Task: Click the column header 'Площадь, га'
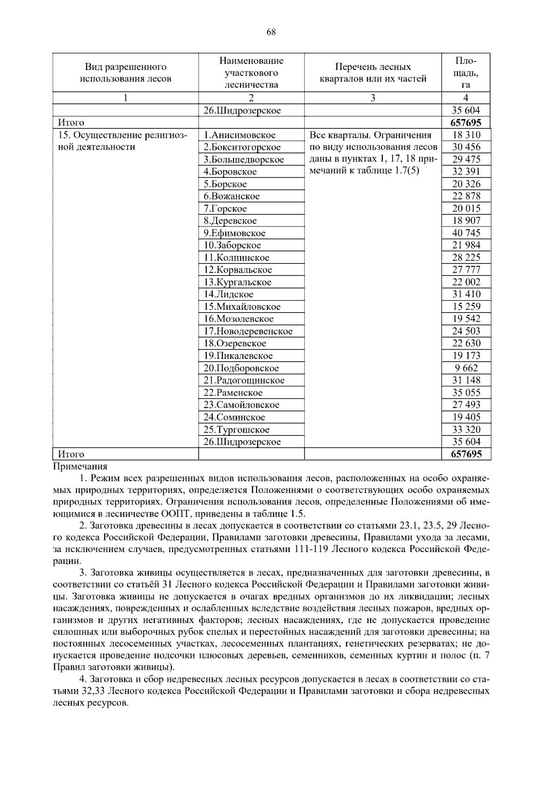(x=466, y=73)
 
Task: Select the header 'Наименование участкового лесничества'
(x=251, y=73)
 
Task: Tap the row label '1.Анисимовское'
(x=239, y=135)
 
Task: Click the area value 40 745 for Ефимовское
(x=466, y=233)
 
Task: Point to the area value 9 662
(x=466, y=368)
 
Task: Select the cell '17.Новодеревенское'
(x=248, y=331)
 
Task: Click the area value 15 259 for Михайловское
(x=466, y=307)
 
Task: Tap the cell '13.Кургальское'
(x=237, y=282)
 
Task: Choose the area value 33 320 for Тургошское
(x=466, y=429)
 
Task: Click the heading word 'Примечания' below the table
(x=80, y=466)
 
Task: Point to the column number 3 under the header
(x=373, y=98)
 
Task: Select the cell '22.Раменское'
(x=233, y=393)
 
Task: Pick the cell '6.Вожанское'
(x=231, y=196)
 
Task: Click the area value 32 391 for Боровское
(x=466, y=171)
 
